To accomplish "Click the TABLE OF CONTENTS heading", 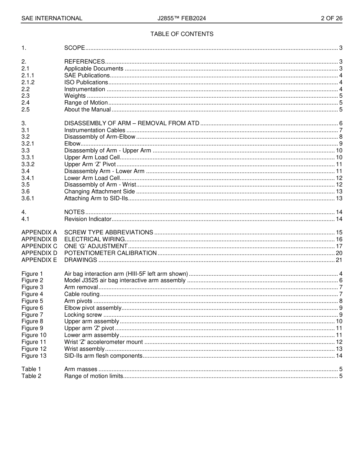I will click(x=182, y=34).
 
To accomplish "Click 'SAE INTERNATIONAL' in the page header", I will click(x=52, y=18).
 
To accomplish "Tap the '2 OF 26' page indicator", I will click(x=331, y=18).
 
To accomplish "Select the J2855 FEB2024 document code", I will click(x=182, y=18).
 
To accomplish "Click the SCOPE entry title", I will click(x=74, y=48).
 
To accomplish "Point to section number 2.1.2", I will click(x=28, y=82).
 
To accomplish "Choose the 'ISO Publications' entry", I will click(x=86, y=82).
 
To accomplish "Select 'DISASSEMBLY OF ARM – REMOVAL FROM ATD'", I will click(x=132, y=123).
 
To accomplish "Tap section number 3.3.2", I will click(x=28, y=164).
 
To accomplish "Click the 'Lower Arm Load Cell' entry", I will click(x=92, y=178).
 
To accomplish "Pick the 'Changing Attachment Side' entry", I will click(x=100, y=191).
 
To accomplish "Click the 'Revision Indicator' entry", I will click(x=88, y=219).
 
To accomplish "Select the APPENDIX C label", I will click(x=39, y=246).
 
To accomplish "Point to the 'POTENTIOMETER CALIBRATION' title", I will click(x=110, y=253).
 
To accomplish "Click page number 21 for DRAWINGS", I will click(x=339, y=260).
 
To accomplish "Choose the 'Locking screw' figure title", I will click(x=83, y=315).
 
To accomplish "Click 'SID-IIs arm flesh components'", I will click(x=103, y=356).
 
